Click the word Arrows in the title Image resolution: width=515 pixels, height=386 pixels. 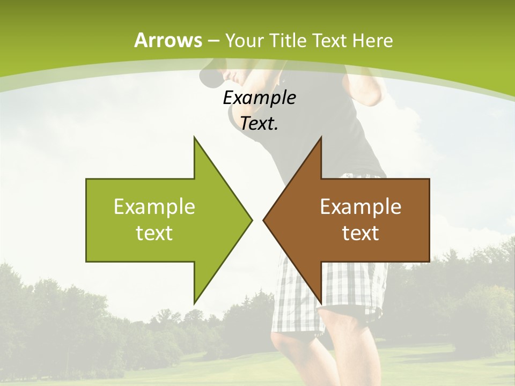click(168, 40)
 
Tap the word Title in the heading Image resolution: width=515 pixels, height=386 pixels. click(288, 40)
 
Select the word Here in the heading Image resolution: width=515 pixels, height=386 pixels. click(372, 40)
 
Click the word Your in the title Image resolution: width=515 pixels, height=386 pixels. click(245, 40)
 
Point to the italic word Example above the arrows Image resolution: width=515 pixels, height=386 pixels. click(260, 98)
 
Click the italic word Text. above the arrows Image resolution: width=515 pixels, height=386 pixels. click(260, 124)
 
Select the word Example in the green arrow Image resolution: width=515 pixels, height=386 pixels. click(154, 206)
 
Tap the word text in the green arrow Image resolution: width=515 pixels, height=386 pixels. click(154, 233)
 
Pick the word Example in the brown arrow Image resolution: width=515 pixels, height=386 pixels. click(360, 206)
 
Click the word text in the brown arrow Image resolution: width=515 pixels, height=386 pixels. click(360, 233)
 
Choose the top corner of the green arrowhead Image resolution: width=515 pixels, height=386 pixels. click(194, 137)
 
